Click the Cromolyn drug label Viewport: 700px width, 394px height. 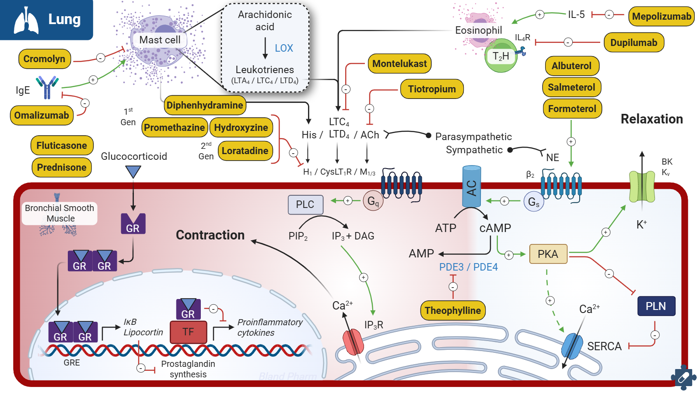[x=44, y=59]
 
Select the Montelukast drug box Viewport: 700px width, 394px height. [x=399, y=63]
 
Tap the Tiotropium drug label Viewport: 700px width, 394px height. [x=432, y=89]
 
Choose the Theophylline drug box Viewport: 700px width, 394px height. [x=452, y=310]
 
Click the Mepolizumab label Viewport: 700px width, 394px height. [x=661, y=17]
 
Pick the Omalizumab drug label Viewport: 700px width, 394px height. [x=42, y=115]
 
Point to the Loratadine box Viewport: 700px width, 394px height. [x=245, y=151]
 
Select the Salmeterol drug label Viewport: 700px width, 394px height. [x=571, y=87]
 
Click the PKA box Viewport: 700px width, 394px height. [x=548, y=254]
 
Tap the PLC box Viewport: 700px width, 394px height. [x=305, y=204]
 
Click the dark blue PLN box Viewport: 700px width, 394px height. [x=655, y=306]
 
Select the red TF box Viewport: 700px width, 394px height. [x=188, y=332]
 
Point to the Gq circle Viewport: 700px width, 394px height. [x=373, y=201]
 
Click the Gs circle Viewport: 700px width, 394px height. [x=534, y=202]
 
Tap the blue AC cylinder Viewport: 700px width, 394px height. [x=472, y=187]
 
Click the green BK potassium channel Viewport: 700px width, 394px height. [x=642, y=186]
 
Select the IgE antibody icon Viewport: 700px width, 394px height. [x=47, y=87]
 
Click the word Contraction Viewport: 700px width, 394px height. [x=210, y=235]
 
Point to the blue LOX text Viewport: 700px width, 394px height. [x=284, y=48]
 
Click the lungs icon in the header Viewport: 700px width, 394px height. [x=26, y=20]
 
